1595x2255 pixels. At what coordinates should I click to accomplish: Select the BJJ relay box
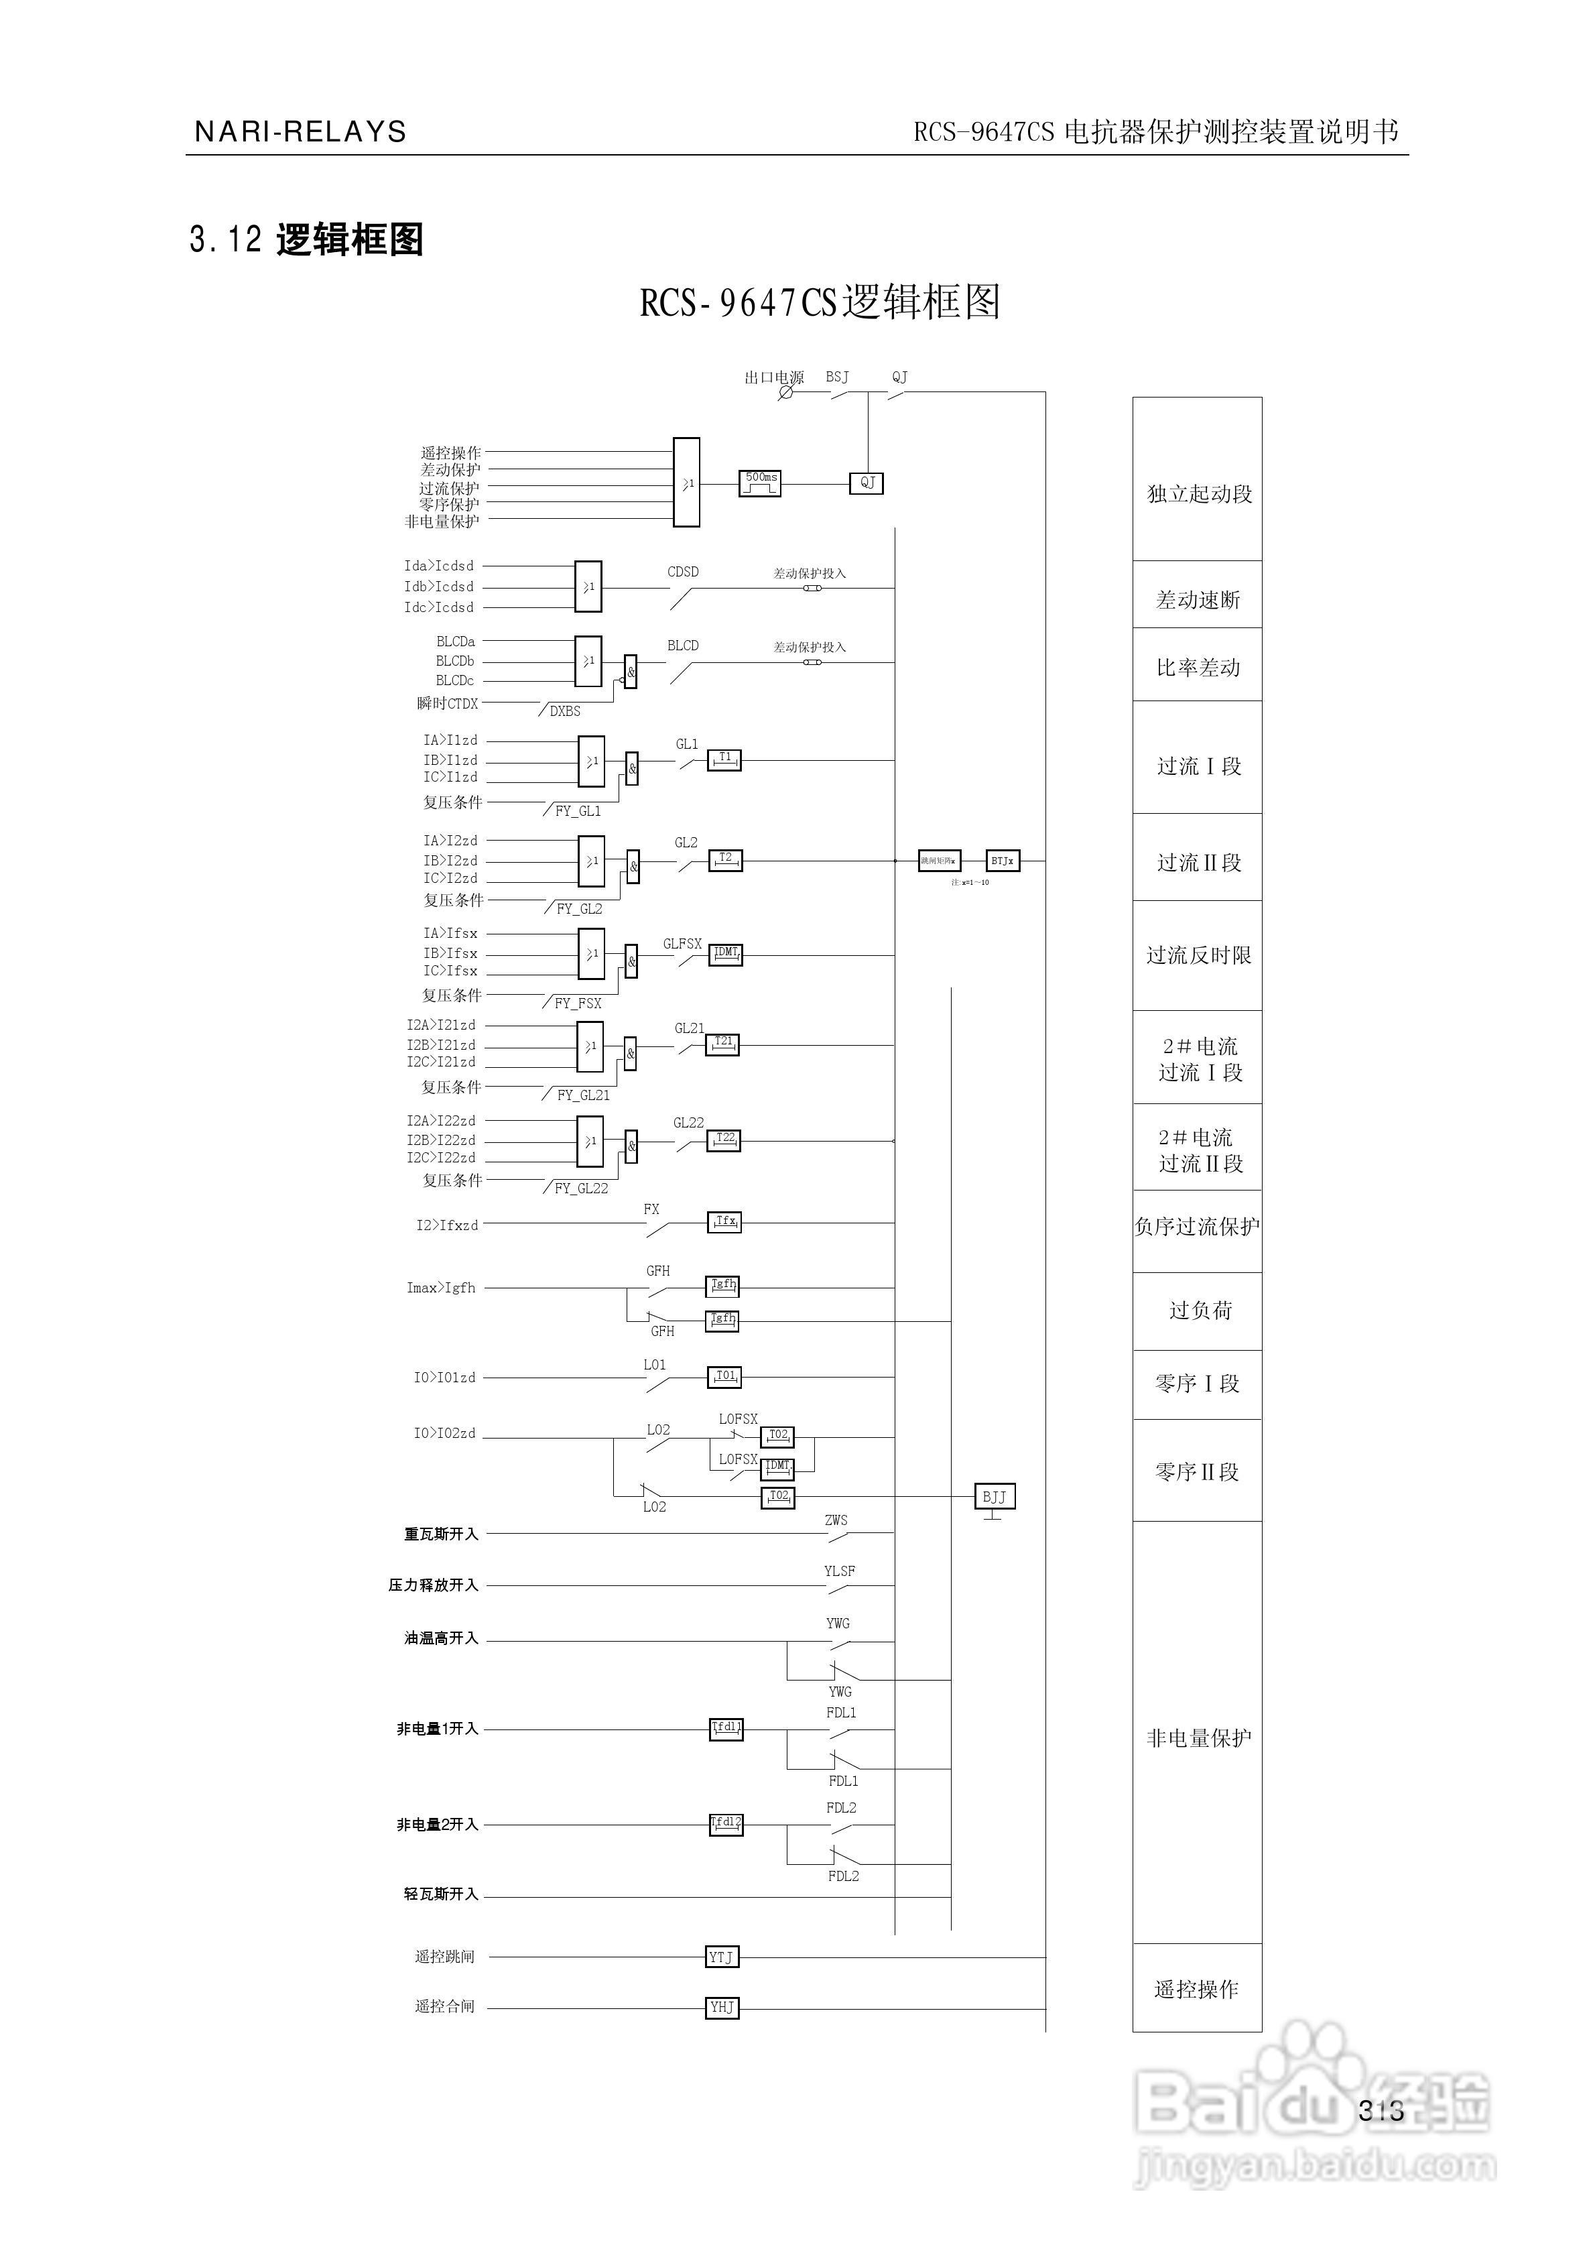pos(994,1497)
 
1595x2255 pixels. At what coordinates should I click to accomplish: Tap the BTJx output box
pos(1003,861)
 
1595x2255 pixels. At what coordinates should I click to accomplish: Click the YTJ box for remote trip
pos(722,1957)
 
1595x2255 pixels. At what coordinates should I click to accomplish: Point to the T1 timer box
pos(725,759)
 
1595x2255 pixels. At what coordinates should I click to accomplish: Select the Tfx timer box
pos(725,1223)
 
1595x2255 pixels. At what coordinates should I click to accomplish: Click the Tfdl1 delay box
pos(726,1729)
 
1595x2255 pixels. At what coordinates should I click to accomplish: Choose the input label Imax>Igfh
pos(441,1288)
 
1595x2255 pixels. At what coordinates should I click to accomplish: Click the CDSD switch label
pos(683,572)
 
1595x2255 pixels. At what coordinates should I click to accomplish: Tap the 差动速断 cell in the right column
pos(1197,599)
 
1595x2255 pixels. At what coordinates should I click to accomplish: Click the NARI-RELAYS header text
pos(300,131)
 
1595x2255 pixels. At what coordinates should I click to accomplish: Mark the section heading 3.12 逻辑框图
pos(306,239)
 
